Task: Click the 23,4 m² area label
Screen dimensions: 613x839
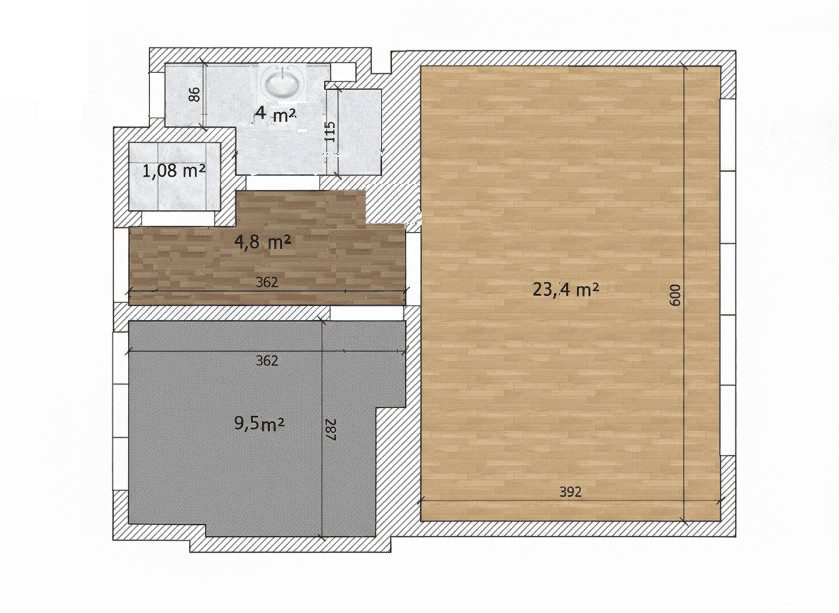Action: coord(566,289)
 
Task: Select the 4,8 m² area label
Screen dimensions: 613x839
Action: coord(263,243)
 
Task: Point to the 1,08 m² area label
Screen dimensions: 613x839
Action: coord(174,171)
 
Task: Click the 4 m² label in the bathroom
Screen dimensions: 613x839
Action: coord(275,114)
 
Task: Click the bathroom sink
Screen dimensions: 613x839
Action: coord(282,82)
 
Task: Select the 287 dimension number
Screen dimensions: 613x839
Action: coord(330,429)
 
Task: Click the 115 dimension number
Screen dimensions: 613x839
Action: coord(330,131)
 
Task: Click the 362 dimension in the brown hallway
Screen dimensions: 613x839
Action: coord(266,282)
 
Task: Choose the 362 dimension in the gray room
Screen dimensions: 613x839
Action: coord(266,361)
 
